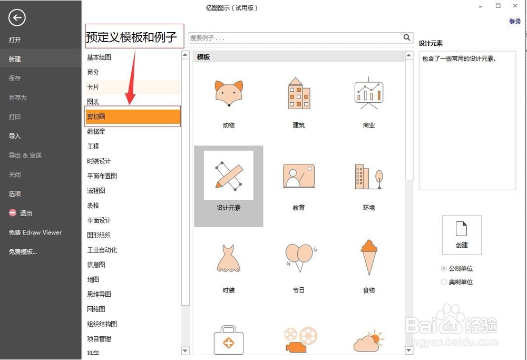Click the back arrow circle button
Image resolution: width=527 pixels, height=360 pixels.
point(17,18)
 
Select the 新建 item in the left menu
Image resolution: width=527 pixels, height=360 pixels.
point(15,59)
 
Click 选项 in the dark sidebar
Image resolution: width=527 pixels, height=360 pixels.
point(15,193)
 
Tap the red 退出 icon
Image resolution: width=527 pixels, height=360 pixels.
point(13,213)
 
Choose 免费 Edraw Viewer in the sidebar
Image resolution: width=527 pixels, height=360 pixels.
point(35,232)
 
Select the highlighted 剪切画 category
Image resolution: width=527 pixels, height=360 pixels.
point(133,116)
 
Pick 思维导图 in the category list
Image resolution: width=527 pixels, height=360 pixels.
point(99,294)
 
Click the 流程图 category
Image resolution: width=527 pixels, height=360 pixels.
point(96,191)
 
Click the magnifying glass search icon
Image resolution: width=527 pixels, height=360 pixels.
point(407,37)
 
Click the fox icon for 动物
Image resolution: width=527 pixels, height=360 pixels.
point(229,94)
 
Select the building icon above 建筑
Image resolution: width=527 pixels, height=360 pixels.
point(299,94)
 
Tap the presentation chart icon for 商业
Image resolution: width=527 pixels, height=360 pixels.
point(368,94)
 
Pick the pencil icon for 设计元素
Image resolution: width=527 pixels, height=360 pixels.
point(229,176)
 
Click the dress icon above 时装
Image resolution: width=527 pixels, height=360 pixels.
point(229,258)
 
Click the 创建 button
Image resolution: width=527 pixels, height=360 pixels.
point(462,235)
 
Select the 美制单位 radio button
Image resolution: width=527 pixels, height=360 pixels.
point(444,282)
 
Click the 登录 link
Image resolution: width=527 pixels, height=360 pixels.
point(515,22)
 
